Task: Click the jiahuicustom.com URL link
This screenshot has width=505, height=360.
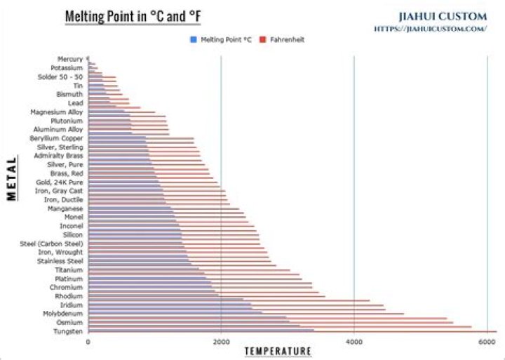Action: [x=431, y=29]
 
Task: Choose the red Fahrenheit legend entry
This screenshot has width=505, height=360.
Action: [x=282, y=40]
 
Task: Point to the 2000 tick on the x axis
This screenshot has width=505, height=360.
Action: [x=221, y=342]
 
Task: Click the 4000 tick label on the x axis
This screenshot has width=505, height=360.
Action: [x=353, y=342]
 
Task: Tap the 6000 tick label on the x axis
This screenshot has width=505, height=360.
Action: [x=487, y=342]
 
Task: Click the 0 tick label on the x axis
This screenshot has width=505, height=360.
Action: [x=88, y=342]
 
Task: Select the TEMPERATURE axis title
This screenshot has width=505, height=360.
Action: [x=277, y=351]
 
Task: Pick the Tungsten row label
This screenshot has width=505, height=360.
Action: [x=68, y=331]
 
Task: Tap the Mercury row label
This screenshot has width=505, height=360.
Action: [x=70, y=59]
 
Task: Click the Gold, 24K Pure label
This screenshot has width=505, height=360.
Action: [x=60, y=182]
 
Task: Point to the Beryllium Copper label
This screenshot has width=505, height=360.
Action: [x=57, y=138]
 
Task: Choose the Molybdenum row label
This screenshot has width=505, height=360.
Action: [x=62, y=314]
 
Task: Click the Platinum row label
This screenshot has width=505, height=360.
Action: [x=69, y=279]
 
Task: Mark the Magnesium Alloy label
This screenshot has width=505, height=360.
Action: [x=57, y=112]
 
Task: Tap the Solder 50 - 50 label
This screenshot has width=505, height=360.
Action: [x=60, y=76]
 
